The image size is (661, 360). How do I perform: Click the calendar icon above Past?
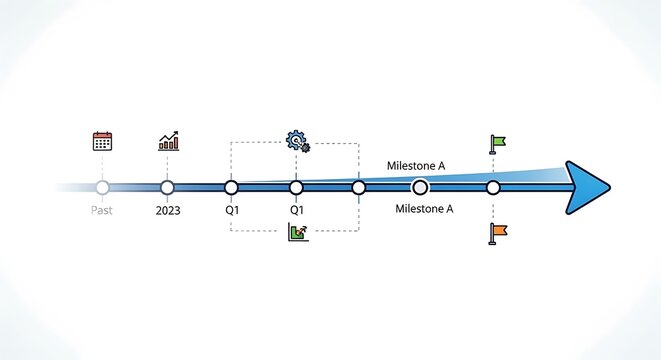pyautogui.click(x=102, y=141)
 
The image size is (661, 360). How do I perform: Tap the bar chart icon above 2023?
pyautogui.click(x=168, y=141)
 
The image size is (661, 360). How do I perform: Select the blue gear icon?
pyautogui.click(x=297, y=141)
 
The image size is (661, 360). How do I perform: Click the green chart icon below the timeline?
pyautogui.click(x=297, y=233)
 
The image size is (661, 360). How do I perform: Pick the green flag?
pyautogui.click(x=497, y=142)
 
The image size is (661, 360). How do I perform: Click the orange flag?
pyautogui.click(x=497, y=232)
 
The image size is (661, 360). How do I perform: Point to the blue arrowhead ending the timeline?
pyautogui.click(x=586, y=187)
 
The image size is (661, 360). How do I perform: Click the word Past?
pyautogui.click(x=102, y=211)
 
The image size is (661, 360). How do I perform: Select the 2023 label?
pyautogui.click(x=168, y=211)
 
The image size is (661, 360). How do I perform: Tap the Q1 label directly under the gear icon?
pyautogui.click(x=297, y=211)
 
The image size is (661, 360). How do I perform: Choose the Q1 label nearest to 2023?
pyautogui.click(x=232, y=211)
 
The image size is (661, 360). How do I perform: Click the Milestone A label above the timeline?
pyautogui.click(x=416, y=166)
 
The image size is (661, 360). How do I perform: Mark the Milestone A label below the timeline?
pyautogui.click(x=424, y=209)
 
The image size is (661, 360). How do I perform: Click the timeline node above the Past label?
pyautogui.click(x=102, y=187)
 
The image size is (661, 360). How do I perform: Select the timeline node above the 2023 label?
pyautogui.click(x=167, y=187)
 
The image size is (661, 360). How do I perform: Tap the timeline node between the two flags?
pyautogui.click(x=493, y=187)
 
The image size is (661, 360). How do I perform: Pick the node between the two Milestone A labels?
pyautogui.click(x=420, y=187)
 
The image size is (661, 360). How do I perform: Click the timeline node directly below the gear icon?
pyautogui.click(x=296, y=187)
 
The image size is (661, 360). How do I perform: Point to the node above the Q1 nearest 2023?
pyautogui.click(x=232, y=187)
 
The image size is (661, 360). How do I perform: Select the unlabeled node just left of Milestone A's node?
pyautogui.click(x=359, y=187)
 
